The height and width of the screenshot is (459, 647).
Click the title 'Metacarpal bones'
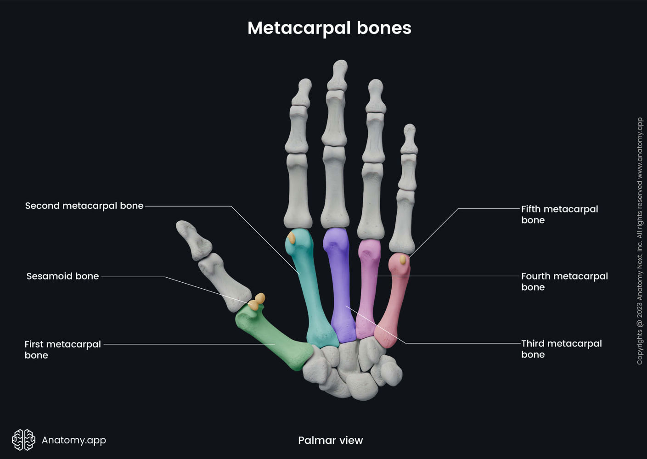pyautogui.click(x=329, y=28)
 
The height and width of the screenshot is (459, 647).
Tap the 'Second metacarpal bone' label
pyautogui.click(x=84, y=206)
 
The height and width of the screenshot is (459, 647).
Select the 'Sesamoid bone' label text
pyautogui.click(x=62, y=276)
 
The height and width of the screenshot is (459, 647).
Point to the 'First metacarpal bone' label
pyautogui.click(x=62, y=350)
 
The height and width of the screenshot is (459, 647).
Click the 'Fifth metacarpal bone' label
pyautogui.click(x=559, y=214)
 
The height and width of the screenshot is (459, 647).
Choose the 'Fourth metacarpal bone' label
pyautogui.click(x=564, y=281)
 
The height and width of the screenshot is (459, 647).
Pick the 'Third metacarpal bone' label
pyautogui.click(x=561, y=349)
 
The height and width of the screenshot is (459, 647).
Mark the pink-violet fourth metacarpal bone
pyautogui.click(x=367, y=289)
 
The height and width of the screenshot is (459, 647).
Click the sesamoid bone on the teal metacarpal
pyautogui.click(x=292, y=238)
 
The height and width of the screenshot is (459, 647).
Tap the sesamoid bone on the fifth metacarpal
pyautogui.click(x=403, y=260)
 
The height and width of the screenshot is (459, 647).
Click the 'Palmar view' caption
pyautogui.click(x=330, y=441)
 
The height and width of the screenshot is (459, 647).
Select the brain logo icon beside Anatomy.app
pyautogui.click(x=23, y=440)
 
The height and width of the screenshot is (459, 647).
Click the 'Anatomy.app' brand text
pyautogui.click(x=73, y=440)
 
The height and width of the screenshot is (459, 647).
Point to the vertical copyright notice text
pyautogui.click(x=640, y=241)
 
